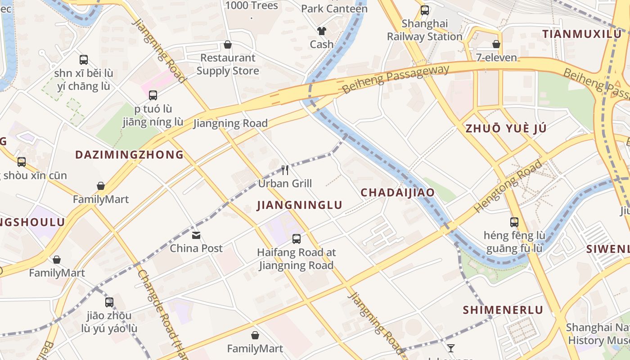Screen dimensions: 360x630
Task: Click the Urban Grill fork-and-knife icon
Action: (x=285, y=170)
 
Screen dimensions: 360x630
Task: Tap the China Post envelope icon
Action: (x=196, y=235)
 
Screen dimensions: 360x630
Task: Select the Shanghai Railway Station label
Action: (x=425, y=30)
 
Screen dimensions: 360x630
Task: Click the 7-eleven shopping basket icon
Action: (x=496, y=44)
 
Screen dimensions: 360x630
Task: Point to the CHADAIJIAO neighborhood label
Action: (x=398, y=193)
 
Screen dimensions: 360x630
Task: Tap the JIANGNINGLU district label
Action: (x=300, y=205)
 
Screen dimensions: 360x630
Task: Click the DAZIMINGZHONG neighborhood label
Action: (x=129, y=155)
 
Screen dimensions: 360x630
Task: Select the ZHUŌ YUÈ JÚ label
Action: (x=506, y=128)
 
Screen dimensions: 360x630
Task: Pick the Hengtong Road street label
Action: (x=508, y=185)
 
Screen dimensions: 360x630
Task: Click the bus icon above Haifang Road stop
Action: (x=297, y=239)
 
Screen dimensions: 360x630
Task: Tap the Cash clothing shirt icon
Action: (x=321, y=31)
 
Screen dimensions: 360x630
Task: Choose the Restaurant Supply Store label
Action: (x=228, y=64)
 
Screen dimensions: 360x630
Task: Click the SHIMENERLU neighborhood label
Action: (x=503, y=310)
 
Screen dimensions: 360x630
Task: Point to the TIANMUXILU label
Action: (x=581, y=34)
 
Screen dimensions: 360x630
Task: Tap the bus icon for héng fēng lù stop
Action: (x=514, y=222)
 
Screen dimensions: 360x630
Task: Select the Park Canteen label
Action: (x=334, y=9)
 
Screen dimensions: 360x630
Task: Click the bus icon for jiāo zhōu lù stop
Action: (x=109, y=302)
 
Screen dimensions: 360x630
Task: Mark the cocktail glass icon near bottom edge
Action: (x=450, y=348)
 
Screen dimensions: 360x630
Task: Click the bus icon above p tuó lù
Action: (x=153, y=95)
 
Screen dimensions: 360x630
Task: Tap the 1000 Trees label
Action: (x=252, y=5)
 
